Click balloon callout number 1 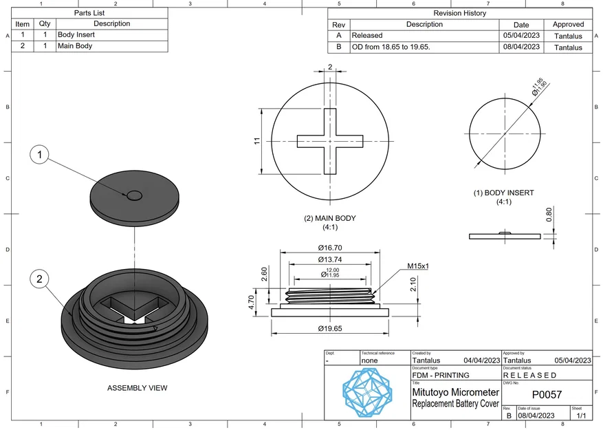[40, 155]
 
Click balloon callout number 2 [40, 279]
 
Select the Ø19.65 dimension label [330, 329]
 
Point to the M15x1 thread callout [417, 266]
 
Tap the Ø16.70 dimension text [330, 248]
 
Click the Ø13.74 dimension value [330, 259]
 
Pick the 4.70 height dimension [252, 301]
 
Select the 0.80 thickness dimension [549, 215]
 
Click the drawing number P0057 [547, 394]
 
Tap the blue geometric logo [367, 391]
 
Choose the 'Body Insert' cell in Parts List [76, 34]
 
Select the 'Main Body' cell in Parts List [75, 46]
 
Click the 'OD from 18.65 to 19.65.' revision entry [391, 47]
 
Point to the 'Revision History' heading [459, 13]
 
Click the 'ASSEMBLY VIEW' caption [137, 388]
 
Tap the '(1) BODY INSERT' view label [503, 193]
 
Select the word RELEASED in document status [530, 376]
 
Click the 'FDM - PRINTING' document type [441, 376]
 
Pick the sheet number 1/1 [580, 416]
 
